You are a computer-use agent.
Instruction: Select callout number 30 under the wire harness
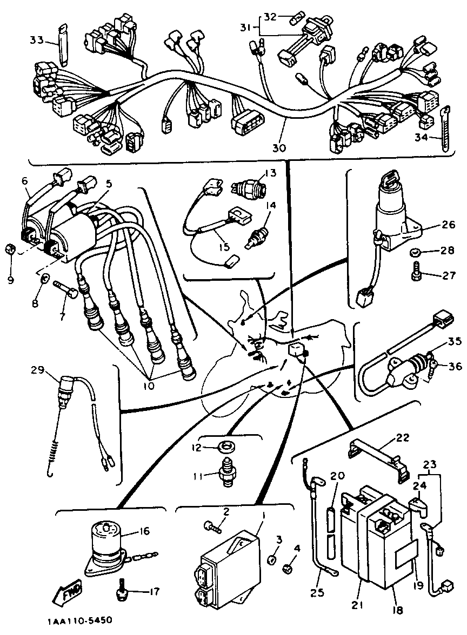tap(279, 147)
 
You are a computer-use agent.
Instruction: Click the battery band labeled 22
tap(378, 454)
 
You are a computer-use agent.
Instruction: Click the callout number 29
tap(37, 370)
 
